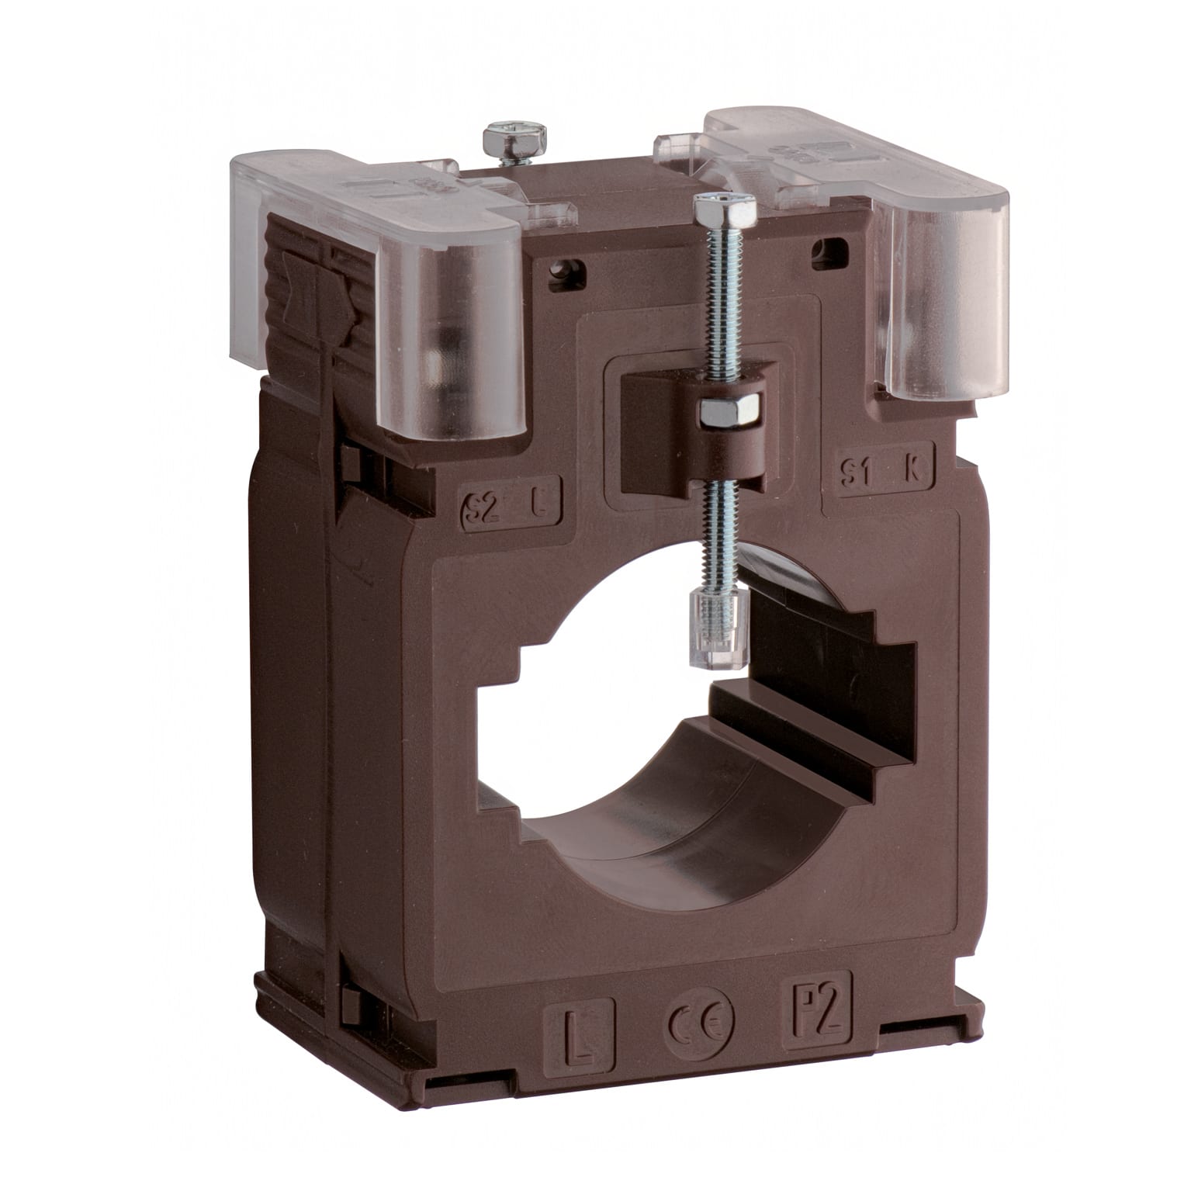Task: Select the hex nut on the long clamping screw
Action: click(x=729, y=411)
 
